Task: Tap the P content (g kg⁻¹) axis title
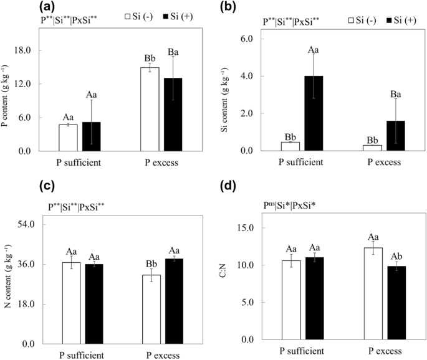tap(8, 91)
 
